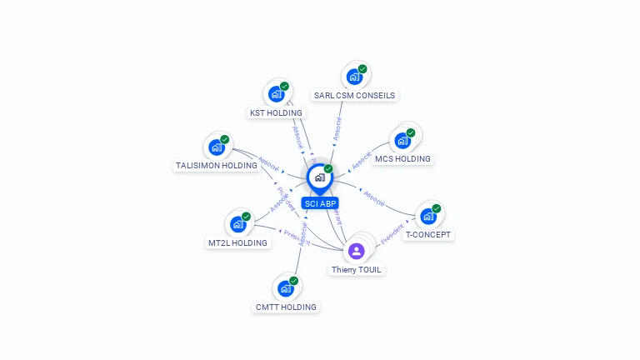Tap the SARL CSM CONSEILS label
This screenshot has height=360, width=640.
pos(354,95)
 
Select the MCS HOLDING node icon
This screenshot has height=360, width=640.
pos(403,141)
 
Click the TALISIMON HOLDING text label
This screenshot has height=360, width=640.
pos(216,165)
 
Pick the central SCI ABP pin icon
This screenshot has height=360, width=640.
pos(318,177)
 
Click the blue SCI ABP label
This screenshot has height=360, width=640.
pos(320,203)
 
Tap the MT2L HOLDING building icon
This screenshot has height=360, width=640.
pos(237,224)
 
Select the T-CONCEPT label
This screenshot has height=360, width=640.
pos(427,235)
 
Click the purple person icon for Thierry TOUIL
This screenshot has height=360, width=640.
pos(357,251)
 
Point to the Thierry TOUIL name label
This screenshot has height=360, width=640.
pos(357,270)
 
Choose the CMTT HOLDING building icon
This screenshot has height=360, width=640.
pos(286,288)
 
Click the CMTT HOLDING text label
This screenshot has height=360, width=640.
pos(286,307)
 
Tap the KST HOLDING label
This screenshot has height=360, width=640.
pos(277,112)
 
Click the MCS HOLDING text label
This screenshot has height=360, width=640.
pos(402,158)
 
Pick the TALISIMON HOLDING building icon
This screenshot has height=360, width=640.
pos(217,147)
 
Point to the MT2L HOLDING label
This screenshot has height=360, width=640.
pos(237,243)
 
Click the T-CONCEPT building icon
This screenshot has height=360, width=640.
pos(427,217)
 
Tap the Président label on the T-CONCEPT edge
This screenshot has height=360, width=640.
pos(392,235)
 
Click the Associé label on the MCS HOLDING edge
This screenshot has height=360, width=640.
pos(359,156)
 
